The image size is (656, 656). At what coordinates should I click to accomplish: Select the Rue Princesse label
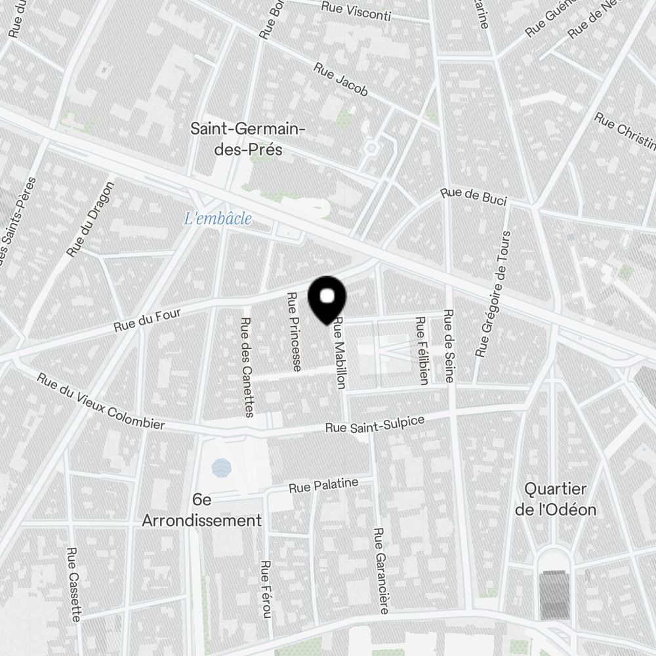pyautogui.click(x=294, y=331)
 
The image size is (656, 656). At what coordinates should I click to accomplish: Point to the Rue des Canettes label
pyautogui.click(x=247, y=367)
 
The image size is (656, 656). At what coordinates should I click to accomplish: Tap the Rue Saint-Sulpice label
pyautogui.click(x=375, y=423)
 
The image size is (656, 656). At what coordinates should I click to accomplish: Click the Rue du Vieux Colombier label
pyautogui.click(x=100, y=401)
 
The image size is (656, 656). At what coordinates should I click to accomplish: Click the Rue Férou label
pyautogui.click(x=266, y=589)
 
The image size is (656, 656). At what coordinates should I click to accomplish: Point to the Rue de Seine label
pyautogui.click(x=449, y=346)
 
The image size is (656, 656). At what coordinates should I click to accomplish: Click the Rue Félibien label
pyautogui.click(x=421, y=350)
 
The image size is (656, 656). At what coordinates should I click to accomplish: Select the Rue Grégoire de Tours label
pyautogui.click(x=493, y=293)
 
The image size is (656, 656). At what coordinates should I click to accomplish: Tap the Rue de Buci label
pyautogui.click(x=474, y=196)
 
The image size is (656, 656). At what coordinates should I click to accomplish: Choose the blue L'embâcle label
pyautogui.click(x=218, y=219)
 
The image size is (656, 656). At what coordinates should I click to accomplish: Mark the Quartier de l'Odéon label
pyautogui.click(x=556, y=499)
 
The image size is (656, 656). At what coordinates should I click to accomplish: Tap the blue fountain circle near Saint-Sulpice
pyautogui.click(x=222, y=468)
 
